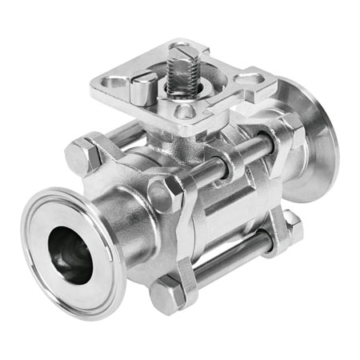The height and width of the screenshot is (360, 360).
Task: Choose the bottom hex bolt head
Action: pyautogui.click(x=168, y=296)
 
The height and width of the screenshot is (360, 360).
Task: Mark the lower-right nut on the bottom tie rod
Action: pyautogui.click(x=290, y=229)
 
